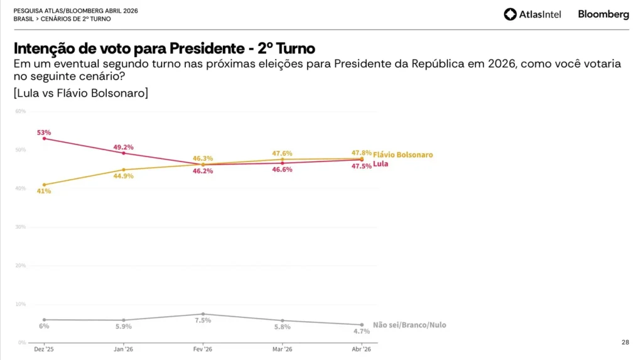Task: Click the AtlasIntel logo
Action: (532, 14)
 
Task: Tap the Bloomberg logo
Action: (603, 14)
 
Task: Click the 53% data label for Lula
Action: (44, 133)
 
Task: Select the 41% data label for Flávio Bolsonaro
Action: (44, 191)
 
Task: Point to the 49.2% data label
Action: (123, 147)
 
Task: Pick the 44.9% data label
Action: (123, 176)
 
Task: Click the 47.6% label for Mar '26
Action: (283, 153)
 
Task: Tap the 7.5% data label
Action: (203, 320)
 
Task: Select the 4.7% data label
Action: (362, 330)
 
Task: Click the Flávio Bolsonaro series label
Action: (403, 155)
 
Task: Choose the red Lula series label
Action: (380, 164)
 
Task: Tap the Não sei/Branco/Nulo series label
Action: (409, 325)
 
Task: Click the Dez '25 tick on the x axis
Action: (43, 349)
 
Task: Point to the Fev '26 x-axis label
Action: (202, 349)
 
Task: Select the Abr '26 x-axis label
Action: (362, 349)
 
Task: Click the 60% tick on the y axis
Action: (20, 111)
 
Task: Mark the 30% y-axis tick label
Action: (20, 227)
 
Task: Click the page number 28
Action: (625, 342)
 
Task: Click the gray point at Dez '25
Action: (44, 319)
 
